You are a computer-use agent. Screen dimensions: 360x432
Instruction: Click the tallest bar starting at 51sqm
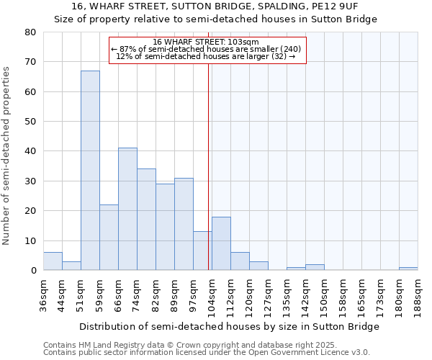coord(90,171)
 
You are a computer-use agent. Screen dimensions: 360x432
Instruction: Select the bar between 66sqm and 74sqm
coord(127,209)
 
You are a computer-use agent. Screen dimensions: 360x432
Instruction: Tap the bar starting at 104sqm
coord(221,243)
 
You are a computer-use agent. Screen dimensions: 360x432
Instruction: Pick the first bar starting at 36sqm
coord(53,261)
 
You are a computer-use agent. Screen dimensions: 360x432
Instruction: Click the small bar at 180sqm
coord(408,269)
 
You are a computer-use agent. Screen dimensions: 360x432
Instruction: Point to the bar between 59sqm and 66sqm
coord(109,238)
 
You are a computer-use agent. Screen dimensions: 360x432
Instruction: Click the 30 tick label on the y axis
coord(30,181)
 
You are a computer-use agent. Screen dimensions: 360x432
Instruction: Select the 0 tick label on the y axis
coord(33,271)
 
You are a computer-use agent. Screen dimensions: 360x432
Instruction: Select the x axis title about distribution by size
coord(229,326)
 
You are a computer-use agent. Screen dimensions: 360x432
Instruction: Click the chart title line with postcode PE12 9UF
coord(216,6)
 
